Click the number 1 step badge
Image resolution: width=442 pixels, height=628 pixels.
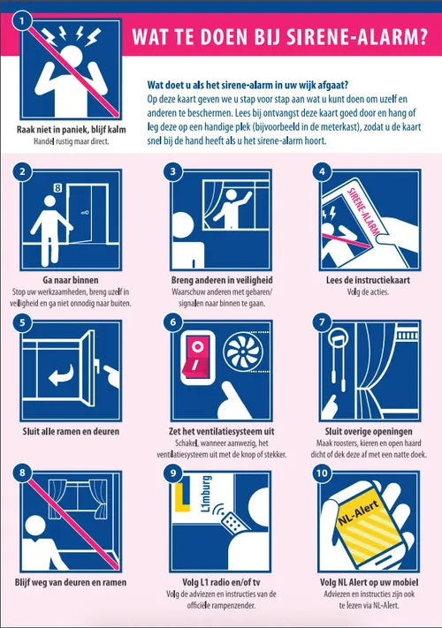(22, 21)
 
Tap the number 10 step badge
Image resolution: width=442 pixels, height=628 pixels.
(322, 473)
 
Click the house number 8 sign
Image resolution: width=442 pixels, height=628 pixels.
(57, 187)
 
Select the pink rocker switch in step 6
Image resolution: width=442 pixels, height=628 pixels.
(195, 358)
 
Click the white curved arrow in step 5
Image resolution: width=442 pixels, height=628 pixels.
(61, 375)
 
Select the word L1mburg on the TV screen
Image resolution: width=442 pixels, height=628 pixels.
(206, 495)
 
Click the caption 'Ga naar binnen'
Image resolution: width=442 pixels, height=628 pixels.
(71, 280)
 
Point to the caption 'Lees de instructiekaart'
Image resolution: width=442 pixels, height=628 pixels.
(368, 280)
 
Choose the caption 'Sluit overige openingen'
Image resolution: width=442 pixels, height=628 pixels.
(369, 431)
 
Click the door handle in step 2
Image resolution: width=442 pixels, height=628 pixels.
(85, 213)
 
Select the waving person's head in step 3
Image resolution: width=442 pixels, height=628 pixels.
(232, 196)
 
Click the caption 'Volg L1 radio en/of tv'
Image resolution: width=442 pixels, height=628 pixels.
(221, 582)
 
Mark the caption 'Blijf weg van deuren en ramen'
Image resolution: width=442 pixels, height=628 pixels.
(71, 582)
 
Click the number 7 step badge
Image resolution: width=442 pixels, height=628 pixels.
(322, 322)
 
